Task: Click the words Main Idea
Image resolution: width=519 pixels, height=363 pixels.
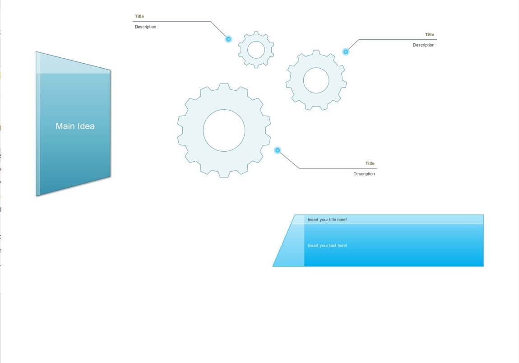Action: [x=75, y=126]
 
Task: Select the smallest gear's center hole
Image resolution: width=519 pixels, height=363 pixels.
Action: [x=256, y=50]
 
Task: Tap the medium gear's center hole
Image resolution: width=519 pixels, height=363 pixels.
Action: [x=316, y=80]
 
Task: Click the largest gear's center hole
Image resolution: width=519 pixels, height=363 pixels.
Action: [x=224, y=130]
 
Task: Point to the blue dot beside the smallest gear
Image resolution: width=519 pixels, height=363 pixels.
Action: [x=228, y=39]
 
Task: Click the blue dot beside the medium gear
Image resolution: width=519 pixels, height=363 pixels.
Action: [x=346, y=51]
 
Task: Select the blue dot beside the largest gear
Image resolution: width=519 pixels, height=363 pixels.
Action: [x=278, y=150]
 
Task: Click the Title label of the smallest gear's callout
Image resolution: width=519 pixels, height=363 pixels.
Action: [x=139, y=16]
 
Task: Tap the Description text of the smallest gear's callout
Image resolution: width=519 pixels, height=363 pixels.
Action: [x=146, y=27]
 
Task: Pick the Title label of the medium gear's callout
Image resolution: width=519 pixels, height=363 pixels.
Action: [x=430, y=34]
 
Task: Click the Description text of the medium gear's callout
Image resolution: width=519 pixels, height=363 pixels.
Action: [x=424, y=45]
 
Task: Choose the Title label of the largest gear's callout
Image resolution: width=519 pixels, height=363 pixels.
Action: [x=370, y=163]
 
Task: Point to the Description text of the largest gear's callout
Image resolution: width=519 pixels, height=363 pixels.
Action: [x=364, y=174]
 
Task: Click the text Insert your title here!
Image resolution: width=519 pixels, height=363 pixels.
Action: [x=327, y=219]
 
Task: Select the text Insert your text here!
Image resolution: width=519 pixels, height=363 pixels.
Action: [x=327, y=246]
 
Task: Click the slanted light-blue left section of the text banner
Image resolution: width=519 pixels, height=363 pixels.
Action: [x=293, y=245]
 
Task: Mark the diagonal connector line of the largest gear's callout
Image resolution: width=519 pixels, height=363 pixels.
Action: [x=288, y=159]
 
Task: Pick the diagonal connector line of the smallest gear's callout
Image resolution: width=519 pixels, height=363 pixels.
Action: [x=219, y=30]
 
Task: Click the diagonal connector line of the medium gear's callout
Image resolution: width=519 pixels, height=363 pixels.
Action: [x=352, y=46]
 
